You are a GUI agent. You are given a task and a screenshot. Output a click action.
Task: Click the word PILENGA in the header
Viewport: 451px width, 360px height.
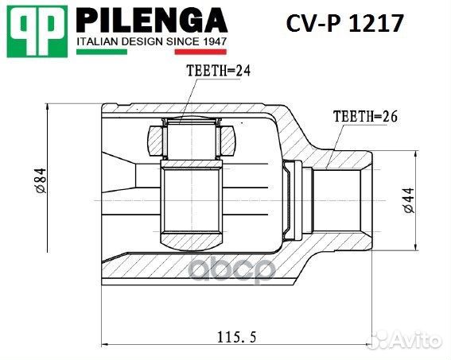(x=151, y=20)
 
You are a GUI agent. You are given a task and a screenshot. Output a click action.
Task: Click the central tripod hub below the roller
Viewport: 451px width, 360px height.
(x=193, y=203)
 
